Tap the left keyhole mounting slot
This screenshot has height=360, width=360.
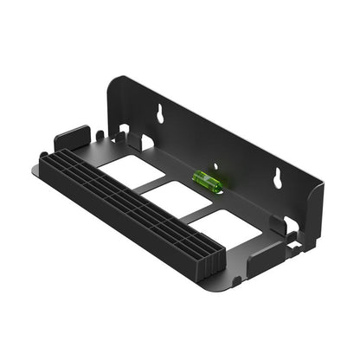[160, 113]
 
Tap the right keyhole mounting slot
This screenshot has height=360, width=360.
[280, 177]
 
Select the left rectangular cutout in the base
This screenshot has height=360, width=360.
[131, 173]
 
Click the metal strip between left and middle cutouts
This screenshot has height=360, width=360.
[153, 186]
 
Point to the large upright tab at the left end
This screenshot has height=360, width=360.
[71, 139]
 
